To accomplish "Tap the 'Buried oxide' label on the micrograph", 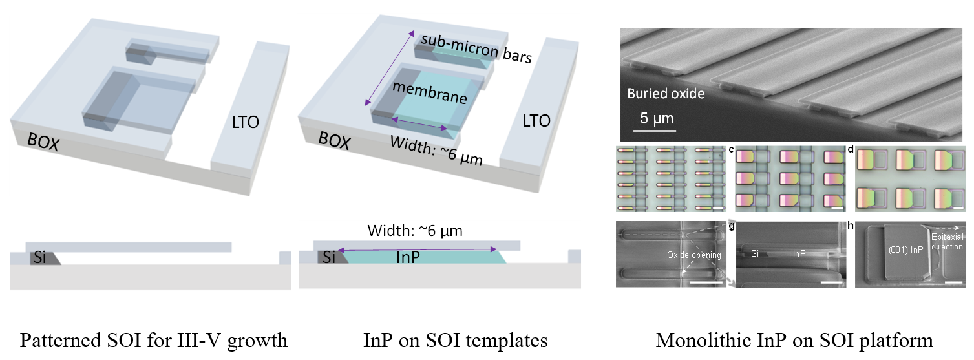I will (x=666, y=94).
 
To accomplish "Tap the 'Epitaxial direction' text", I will (x=947, y=242).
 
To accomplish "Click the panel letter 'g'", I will (x=730, y=227).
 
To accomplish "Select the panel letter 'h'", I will (x=849, y=227).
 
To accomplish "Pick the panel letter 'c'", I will (x=730, y=150).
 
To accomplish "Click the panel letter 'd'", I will (x=849, y=150).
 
